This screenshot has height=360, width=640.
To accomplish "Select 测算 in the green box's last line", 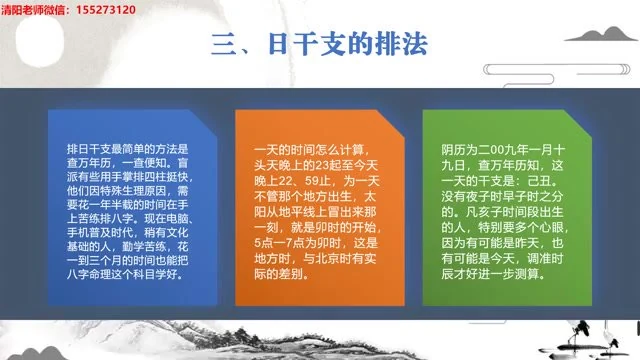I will coord(532,262).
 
